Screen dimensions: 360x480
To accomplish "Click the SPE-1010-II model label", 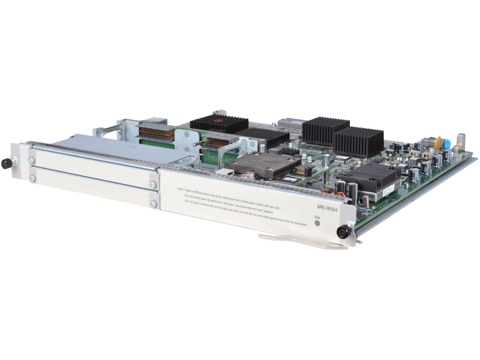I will tap(328, 206).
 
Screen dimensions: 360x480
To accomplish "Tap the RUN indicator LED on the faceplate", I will tap(318, 223).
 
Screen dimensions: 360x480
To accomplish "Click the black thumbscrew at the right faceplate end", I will tap(343, 232).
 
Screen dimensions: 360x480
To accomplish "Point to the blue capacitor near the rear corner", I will tap(446, 144).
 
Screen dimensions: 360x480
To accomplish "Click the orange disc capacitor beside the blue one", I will tap(438, 142).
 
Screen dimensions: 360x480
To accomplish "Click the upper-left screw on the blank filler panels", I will tap(32, 160).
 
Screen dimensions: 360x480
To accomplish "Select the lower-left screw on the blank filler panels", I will tap(32, 178).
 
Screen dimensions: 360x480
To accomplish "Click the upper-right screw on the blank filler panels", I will tap(153, 185).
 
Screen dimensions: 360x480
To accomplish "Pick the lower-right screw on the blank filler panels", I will tap(153, 203).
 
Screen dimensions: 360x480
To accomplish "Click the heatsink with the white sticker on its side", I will tap(373, 181).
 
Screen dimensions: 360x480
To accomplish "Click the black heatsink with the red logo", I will tap(218, 124).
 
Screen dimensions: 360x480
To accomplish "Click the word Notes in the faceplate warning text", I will tap(182, 188).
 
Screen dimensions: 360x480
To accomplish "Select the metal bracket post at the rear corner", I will tap(460, 142).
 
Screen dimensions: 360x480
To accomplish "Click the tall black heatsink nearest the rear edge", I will tap(325, 130).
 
